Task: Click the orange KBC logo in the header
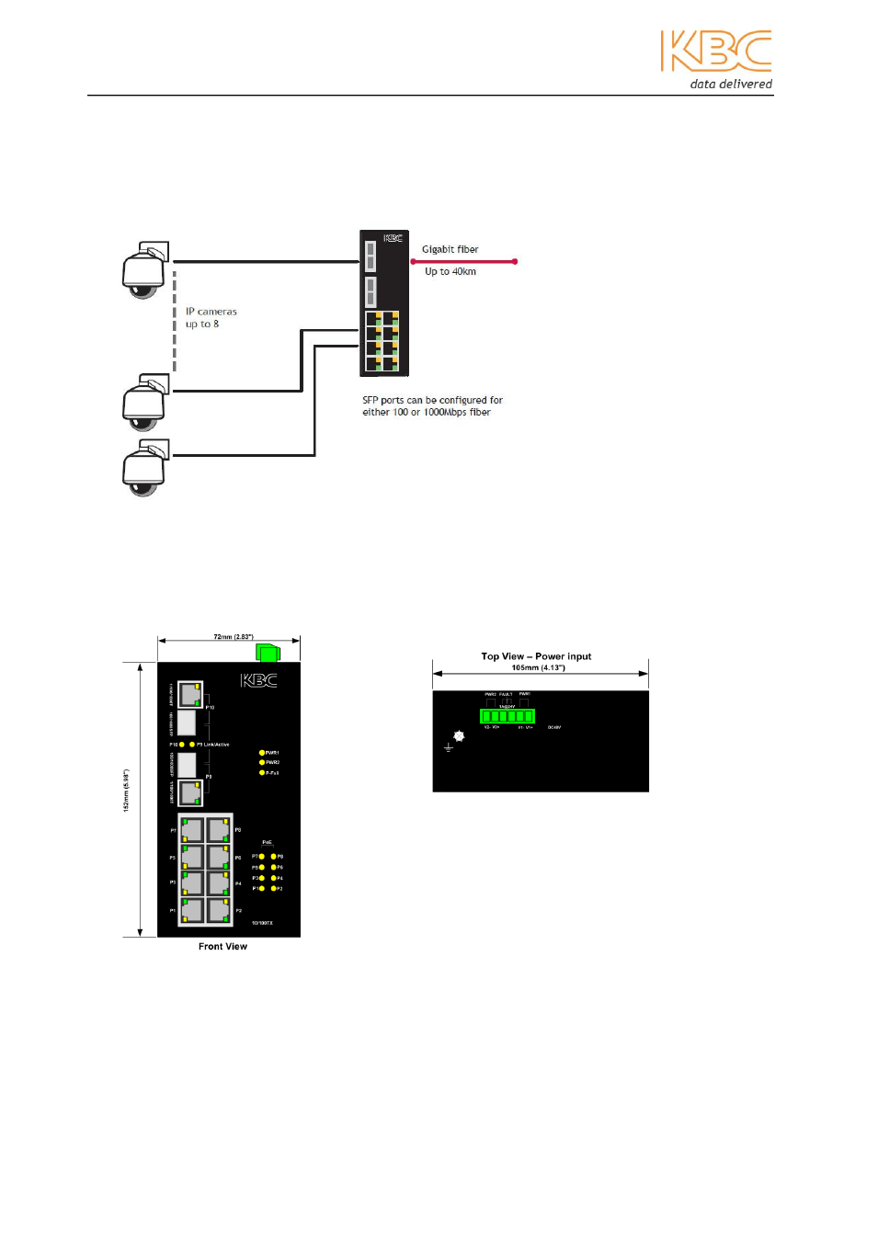tap(715, 51)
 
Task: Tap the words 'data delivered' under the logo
tap(731, 84)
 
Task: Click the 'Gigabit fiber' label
tap(450, 249)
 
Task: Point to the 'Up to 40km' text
tap(450, 271)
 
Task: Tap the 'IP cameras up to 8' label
tap(211, 318)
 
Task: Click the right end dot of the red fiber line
tap(515, 262)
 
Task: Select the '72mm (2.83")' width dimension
tap(233, 636)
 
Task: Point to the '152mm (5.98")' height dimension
tap(127, 791)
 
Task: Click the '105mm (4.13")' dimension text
tap(538, 667)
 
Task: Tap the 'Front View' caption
tap(222, 946)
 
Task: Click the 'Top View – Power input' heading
tap(536, 656)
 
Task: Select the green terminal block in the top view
tap(507, 716)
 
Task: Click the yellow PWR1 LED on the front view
tap(262, 753)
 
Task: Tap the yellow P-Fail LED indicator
tap(262, 773)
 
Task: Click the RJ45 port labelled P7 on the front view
tap(191, 830)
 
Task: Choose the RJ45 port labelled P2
tap(219, 910)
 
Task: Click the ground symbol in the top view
tap(449, 747)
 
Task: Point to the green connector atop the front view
tap(268, 653)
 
